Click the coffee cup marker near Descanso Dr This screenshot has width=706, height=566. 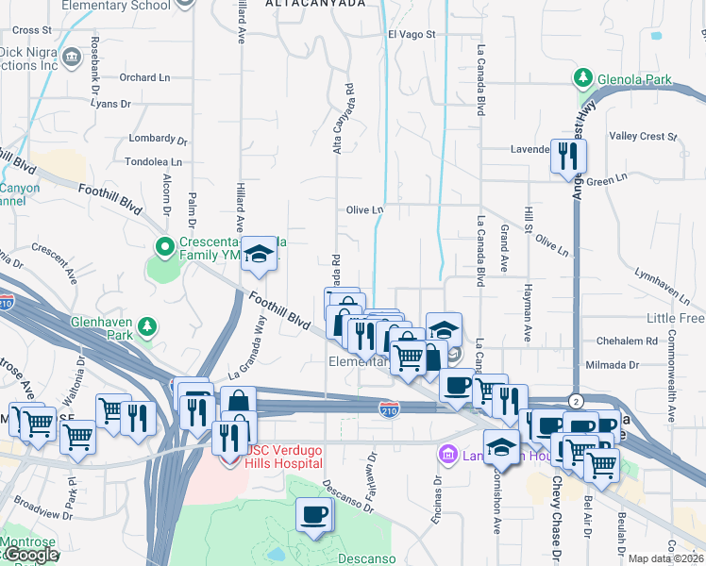point(314,515)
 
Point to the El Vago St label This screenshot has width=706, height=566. point(411,35)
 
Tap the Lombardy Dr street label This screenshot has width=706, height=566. point(152,139)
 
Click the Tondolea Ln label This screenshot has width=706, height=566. point(153,161)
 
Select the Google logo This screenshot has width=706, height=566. point(30,556)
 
